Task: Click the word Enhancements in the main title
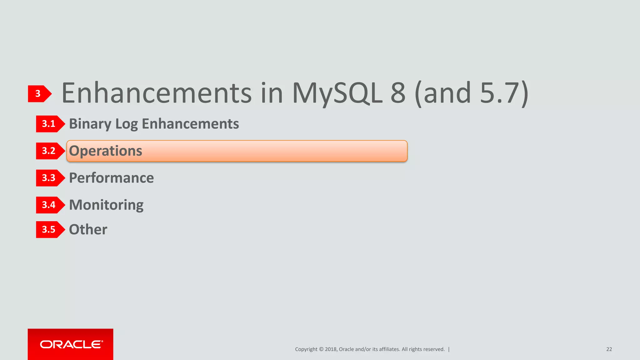coord(157,93)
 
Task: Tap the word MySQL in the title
coord(337,93)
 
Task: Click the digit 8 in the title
coord(398,93)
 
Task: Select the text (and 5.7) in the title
coord(471,93)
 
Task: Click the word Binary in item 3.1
coord(90,124)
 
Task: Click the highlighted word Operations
coord(106,151)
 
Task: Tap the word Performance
coord(111,178)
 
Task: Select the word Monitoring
coord(106,205)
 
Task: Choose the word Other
coord(88,230)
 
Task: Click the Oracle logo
coord(71,344)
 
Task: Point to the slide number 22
coord(609,349)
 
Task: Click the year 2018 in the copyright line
coord(331,349)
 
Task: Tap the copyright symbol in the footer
coord(321,349)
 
